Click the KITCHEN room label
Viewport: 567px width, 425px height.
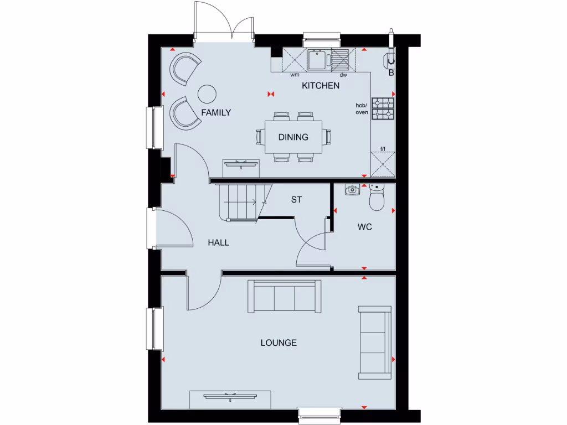[x=320, y=86]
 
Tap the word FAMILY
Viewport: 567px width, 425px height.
[x=216, y=112]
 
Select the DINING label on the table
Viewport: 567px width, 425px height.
[x=293, y=137]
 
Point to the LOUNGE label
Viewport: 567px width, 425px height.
[x=279, y=343]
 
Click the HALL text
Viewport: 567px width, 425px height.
[x=218, y=242]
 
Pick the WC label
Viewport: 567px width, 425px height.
[x=364, y=227]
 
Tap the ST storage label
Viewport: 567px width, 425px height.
[x=296, y=200]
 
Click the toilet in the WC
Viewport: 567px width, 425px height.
[x=377, y=199]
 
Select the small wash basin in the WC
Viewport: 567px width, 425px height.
[x=352, y=190]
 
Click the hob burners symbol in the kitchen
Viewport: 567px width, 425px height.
[x=383, y=108]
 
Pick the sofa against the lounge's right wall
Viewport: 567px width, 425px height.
[x=375, y=341]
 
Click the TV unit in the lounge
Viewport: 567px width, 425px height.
[x=230, y=397]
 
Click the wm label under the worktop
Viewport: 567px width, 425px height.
[x=295, y=75]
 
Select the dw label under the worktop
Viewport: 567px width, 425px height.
[x=343, y=75]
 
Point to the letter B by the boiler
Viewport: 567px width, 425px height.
[x=391, y=72]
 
